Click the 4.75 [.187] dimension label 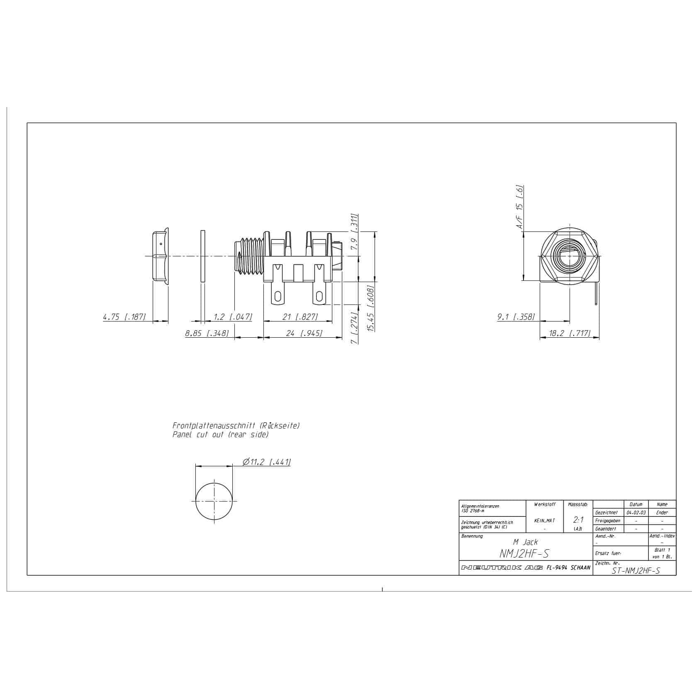[x=124, y=317]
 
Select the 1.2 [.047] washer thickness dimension [x=232, y=317]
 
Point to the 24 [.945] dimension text [x=304, y=333]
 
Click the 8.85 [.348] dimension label [x=207, y=333]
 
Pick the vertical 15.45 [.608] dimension [x=371, y=307]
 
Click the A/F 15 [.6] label [x=519, y=207]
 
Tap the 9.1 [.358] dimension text [x=516, y=317]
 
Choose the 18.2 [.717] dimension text [x=569, y=333]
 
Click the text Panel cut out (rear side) [x=220, y=435]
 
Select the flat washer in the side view [x=202, y=256]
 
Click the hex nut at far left [x=160, y=256]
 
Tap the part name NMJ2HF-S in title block [x=525, y=553]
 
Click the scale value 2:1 [x=578, y=520]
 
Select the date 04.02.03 [x=636, y=512]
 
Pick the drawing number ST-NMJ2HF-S [x=636, y=571]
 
